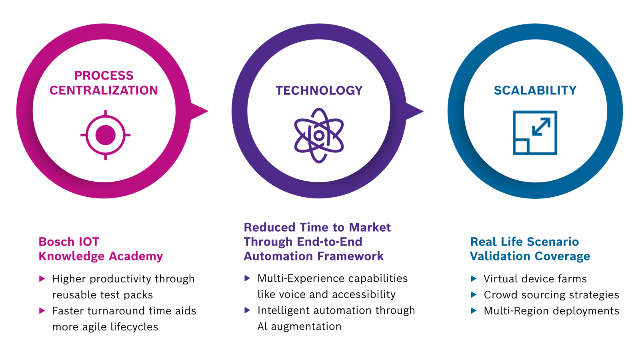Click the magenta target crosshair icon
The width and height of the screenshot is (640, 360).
pyautogui.click(x=106, y=135)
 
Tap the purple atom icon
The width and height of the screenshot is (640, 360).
pyautogui.click(x=319, y=136)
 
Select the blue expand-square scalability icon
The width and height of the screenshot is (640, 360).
pyautogui.click(x=535, y=133)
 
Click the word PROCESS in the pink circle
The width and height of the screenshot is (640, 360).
pyautogui.click(x=104, y=76)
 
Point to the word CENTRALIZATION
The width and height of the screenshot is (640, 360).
pyautogui.click(x=104, y=90)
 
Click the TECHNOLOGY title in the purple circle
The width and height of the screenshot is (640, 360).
pyautogui.click(x=319, y=90)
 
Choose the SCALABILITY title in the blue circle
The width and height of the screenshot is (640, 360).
pyautogui.click(x=535, y=90)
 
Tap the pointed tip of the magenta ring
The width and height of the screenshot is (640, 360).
pyautogui.click(x=208, y=111)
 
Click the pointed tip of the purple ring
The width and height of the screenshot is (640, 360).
pyautogui.click(x=423, y=111)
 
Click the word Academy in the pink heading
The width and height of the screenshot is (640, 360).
pyautogui.click(x=136, y=256)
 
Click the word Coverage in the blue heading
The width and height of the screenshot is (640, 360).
pyautogui.click(x=562, y=256)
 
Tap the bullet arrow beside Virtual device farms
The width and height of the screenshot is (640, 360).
pyautogui.click(x=474, y=278)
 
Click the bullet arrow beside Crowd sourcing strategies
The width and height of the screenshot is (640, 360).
pyautogui.click(x=474, y=294)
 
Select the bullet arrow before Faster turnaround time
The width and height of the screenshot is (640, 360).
pyautogui.click(x=42, y=310)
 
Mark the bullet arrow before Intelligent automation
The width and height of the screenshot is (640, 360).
pyautogui.click(x=248, y=310)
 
